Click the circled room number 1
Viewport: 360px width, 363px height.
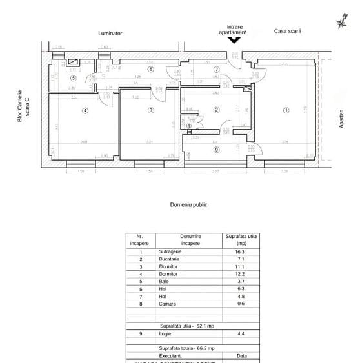pyautogui.click(x=286, y=110)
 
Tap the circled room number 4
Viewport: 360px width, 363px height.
pyautogui.click(x=85, y=110)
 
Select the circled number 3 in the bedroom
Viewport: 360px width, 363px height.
pyautogui.click(x=151, y=110)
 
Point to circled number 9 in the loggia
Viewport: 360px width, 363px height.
pyautogui.click(x=216, y=150)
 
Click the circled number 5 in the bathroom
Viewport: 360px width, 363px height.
pyautogui.click(x=73, y=78)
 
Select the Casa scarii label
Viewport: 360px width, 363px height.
pyautogui.click(x=287, y=31)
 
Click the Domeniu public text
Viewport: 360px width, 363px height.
pyautogui.click(x=188, y=204)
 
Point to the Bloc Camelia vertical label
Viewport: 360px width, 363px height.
pyautogui.click(x=23, y=107)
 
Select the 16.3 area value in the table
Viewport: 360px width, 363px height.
pyautogui.click(x=240, y=251)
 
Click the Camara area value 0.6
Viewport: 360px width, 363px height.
pyautogui.click(x=240, y=304)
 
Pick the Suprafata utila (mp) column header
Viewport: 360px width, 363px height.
pyautogui.click(x=241, y=240)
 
